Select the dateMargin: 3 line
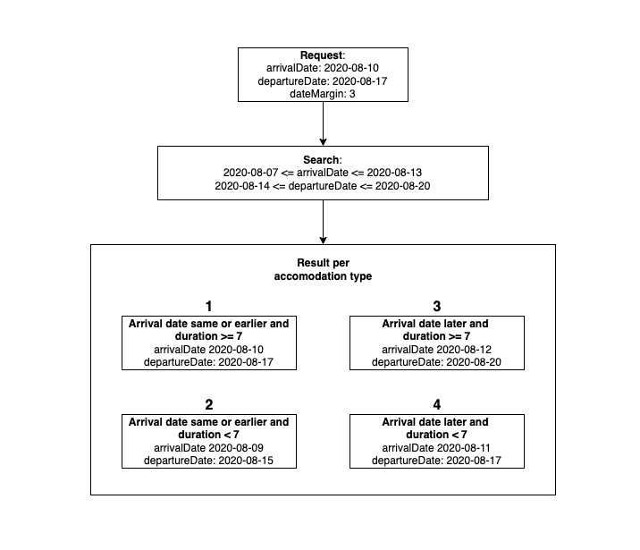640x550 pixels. pos(323,93)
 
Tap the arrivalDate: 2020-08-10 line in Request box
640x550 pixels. pos(323,68)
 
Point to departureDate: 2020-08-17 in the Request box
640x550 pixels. pos(323,80)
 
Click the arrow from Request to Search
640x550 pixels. pos(323,126)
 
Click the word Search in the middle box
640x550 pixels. pos(321,158)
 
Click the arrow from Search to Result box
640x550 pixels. pos(323,222)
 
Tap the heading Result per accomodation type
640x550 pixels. pos(323,270)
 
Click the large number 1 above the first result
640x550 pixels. pos(209,306)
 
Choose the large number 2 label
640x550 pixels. pos(209,405)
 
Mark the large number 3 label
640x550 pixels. pos(437,306)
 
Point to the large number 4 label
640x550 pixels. pos(437,405)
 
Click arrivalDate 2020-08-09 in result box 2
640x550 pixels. pos(209,447)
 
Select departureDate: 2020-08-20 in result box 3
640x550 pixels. pos(437,361)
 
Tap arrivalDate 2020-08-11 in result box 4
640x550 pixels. pos(437,447)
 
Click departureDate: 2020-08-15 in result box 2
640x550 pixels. pos(209,460)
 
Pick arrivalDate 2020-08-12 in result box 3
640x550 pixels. pos(437,349)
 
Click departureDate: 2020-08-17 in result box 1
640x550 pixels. pos(209,361)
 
